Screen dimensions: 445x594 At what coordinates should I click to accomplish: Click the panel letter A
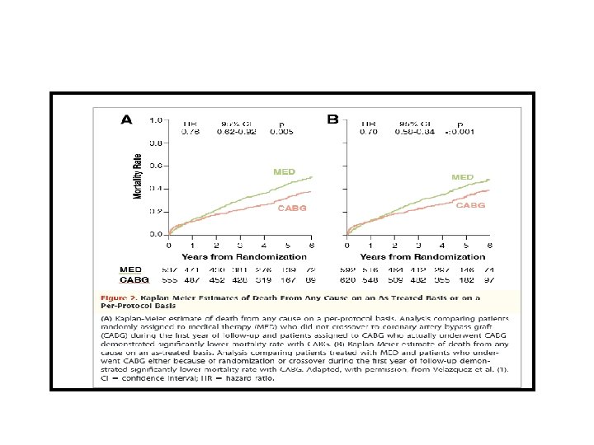(x=127, y=119)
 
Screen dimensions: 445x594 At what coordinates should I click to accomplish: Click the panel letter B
(x=332, y=119)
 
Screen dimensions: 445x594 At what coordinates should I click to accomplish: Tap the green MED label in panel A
(x=284, y=172)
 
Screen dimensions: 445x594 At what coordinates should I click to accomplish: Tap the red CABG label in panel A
(x=291, y=208)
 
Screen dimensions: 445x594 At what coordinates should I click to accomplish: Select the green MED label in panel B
(x=462, y=177)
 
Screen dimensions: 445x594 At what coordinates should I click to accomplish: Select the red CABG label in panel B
(x=470, y=204)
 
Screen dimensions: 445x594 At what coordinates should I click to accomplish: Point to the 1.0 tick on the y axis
(x=156, y=120)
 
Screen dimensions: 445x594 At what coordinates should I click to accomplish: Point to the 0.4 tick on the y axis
(x=156, y=189)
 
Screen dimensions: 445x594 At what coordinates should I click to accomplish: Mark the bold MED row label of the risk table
(x=130, y=269)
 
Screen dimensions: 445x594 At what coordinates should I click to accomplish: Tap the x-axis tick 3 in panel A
(x=240, y=245)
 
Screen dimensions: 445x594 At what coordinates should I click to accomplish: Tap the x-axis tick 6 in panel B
(x=490, y=245)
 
